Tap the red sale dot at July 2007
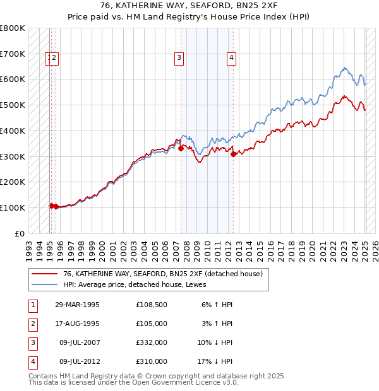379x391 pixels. (181, 149)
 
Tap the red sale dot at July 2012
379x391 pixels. (233, 154)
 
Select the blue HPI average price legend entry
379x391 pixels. (139, 284)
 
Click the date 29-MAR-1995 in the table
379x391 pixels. (77, 305)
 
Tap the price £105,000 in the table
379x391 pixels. (152, 324)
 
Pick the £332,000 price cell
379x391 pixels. (152, 342)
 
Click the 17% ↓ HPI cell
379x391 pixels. (215, 361)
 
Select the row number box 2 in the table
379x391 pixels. (32, 324)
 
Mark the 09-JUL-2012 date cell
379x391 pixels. (77, 361)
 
